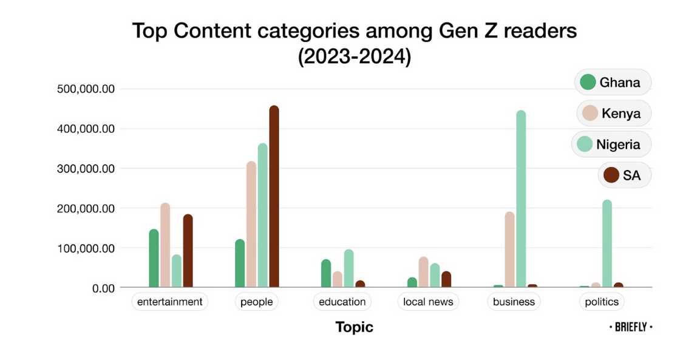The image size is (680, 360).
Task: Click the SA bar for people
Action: [274, 197]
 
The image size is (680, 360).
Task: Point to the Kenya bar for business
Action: [509, 250]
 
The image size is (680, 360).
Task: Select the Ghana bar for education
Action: [326, 273]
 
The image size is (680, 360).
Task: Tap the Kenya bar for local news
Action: [424, 272]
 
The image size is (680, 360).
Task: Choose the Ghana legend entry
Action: [612, 83]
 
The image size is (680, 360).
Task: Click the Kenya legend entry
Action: [613, 114]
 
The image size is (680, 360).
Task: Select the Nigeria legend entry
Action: [611, 144]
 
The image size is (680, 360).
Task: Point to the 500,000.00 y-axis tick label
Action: [85, 89]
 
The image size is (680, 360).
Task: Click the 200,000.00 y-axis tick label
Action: [85, 208]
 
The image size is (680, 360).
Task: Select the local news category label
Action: [428, 302]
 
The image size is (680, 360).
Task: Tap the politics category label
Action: [601, 302]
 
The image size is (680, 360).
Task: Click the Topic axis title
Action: [355, 328]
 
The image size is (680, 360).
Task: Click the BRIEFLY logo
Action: [631, 327]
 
